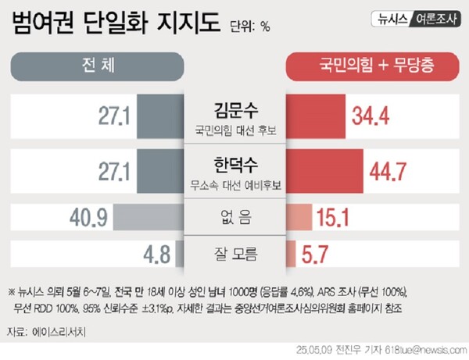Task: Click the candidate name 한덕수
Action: pos(235,166)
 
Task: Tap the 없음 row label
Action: pos(234,218)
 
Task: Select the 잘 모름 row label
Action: pos(234,253)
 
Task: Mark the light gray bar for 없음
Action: pos(148,218)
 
